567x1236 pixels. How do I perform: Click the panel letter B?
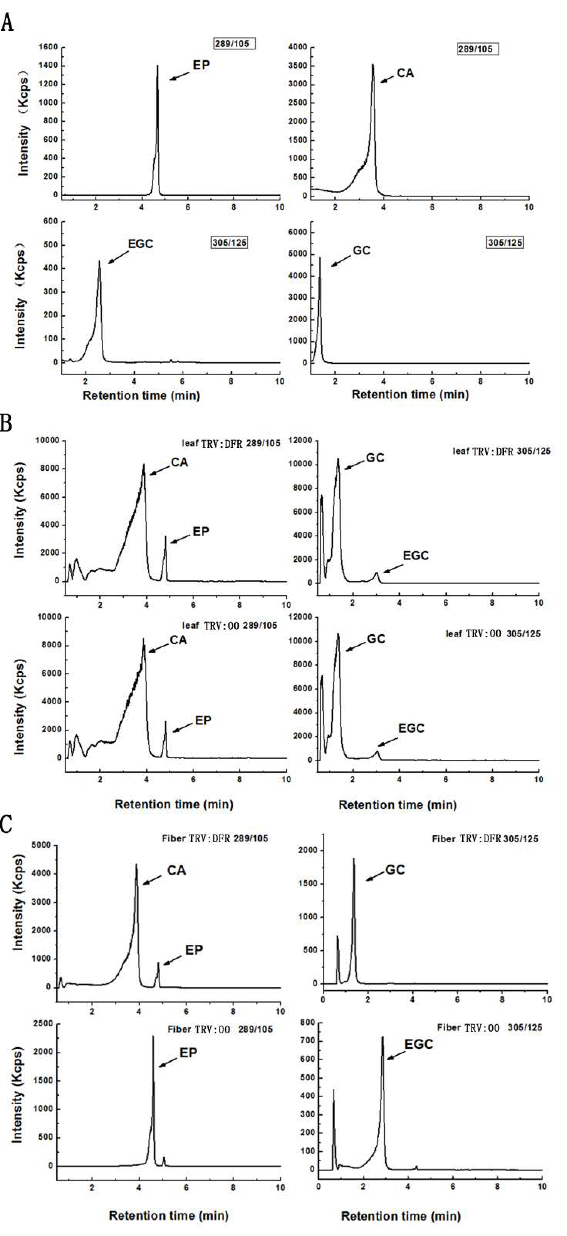pos(6,425)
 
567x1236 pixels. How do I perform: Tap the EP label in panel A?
pos(201,65)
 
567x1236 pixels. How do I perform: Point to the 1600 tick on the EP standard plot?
pos(48,47)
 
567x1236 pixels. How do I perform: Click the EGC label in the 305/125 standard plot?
pos(140,244)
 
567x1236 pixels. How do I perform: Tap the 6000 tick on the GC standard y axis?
pos(299,233)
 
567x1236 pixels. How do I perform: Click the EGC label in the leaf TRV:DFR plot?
pos(415,556)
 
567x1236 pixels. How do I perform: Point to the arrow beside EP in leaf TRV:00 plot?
pos(182,727)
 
